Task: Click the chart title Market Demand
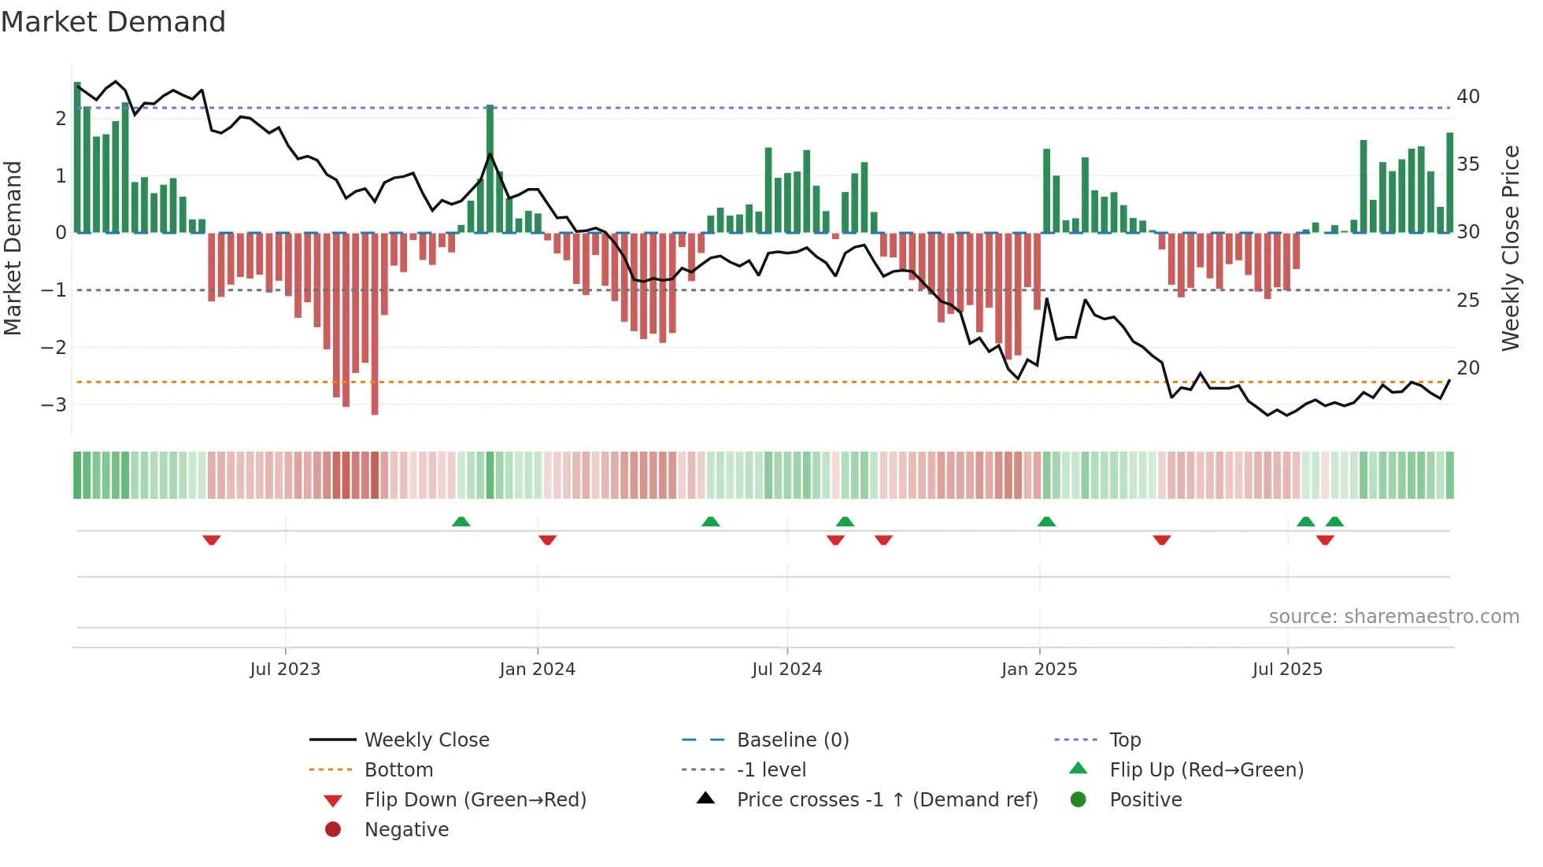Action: tap(113, 22)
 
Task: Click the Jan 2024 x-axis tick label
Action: tap(537, 670)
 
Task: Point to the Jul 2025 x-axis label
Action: tap(1287, 670)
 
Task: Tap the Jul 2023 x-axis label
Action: tap(285, 670)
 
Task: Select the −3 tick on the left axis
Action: tap(54, 405)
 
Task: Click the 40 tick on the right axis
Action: tap(1467, 97)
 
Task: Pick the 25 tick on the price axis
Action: tap(1467, 301)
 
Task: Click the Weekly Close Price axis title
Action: tap(1510, 248)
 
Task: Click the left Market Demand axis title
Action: tap(13, 248)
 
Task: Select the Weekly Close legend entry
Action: tap(426, 740)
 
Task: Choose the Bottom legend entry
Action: tap(398, 770)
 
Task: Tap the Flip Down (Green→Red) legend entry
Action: tap(475, 800)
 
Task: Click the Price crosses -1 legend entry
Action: tap(886, 800)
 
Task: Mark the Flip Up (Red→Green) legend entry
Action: tap(1206, 770)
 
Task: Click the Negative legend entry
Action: tap(406, 830)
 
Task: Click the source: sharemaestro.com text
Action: tap(1393, 617)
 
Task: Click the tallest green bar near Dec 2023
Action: tap(490, 169)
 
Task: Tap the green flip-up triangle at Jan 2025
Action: tap(1046, 522)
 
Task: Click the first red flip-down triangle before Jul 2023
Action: tap(211, 540)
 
